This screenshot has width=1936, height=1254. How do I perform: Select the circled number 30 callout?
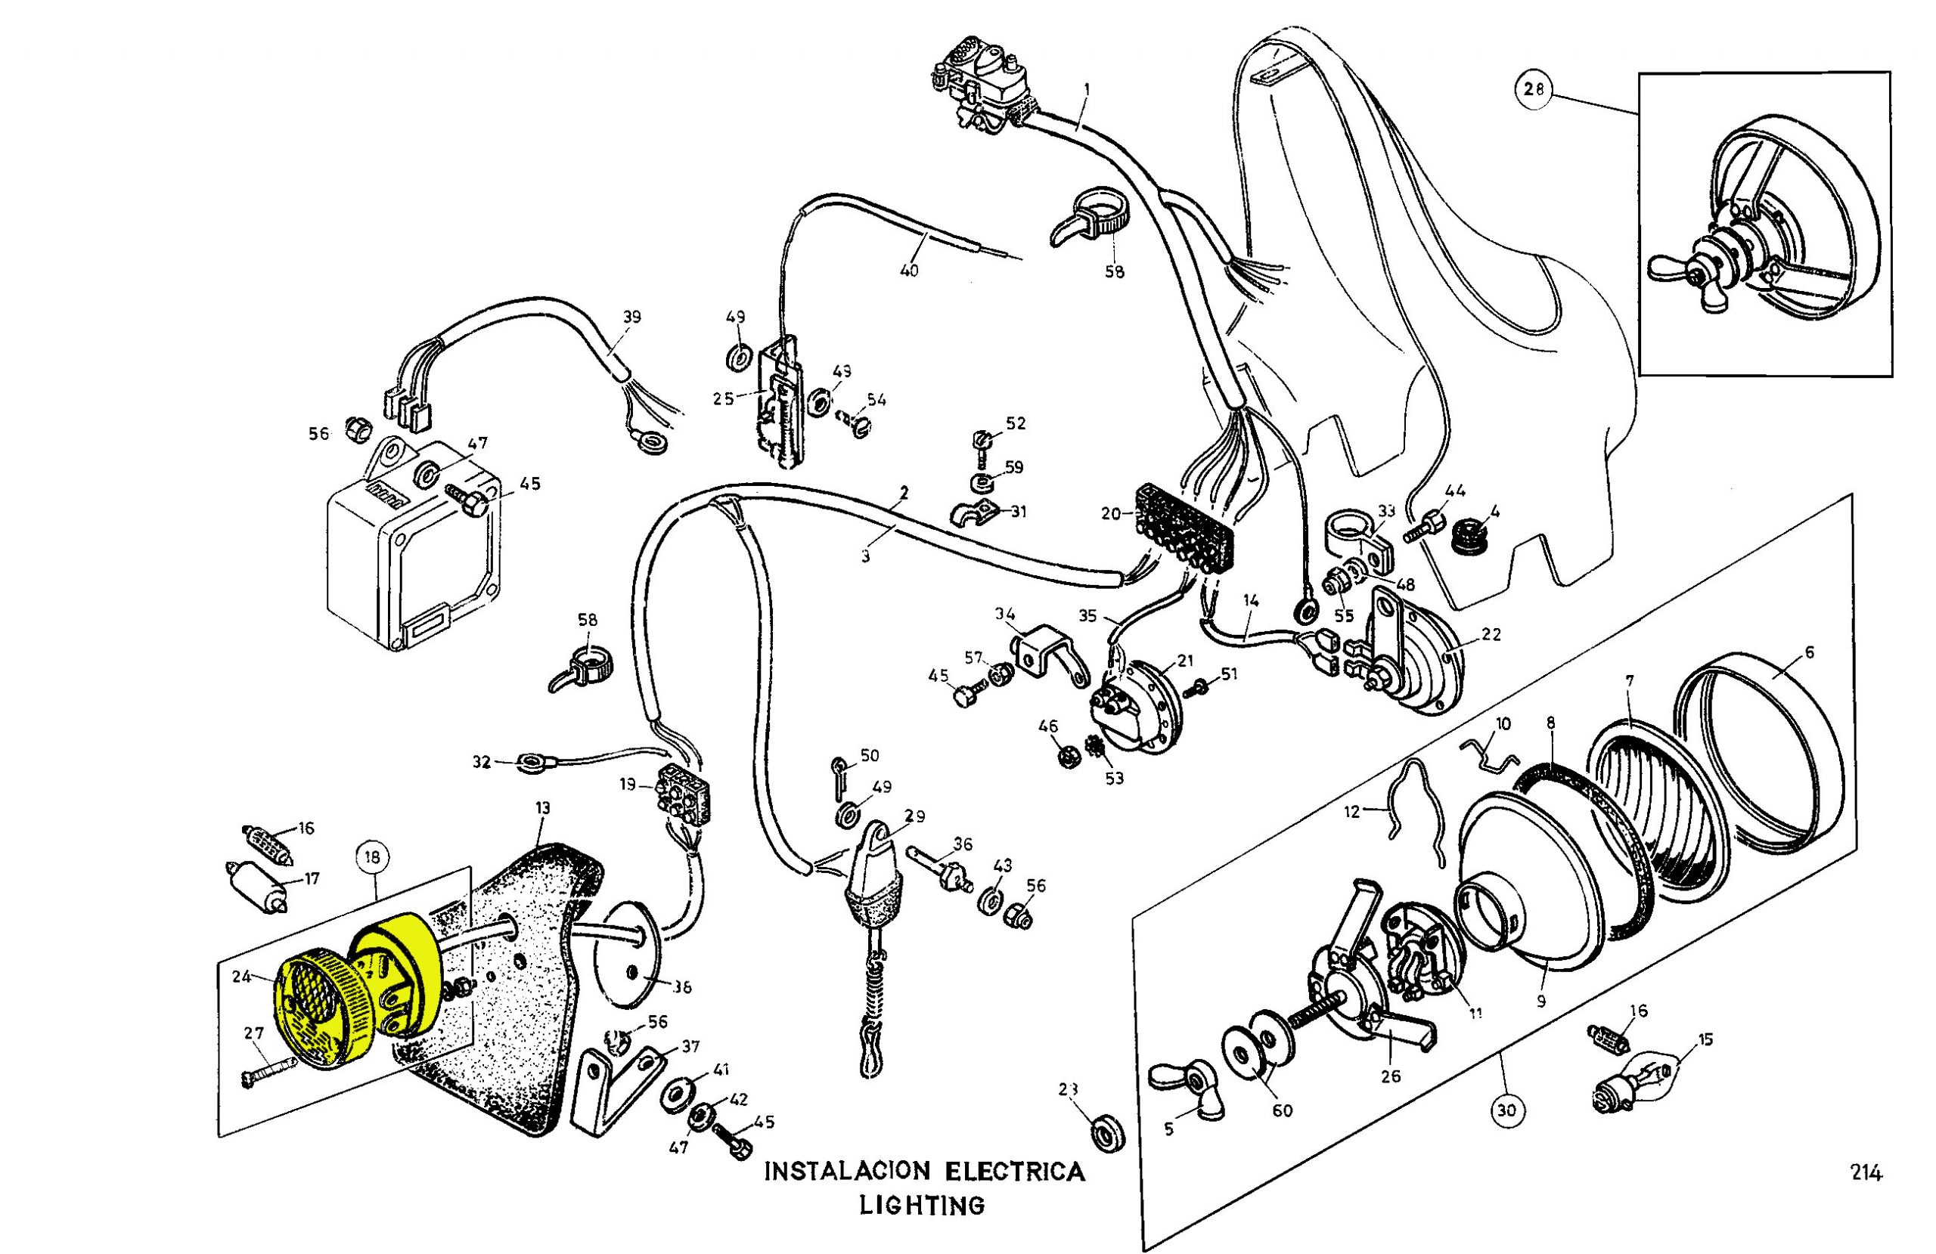(1506, 1111)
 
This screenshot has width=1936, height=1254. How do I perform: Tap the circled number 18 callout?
(373, 857)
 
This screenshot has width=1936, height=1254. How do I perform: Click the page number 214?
(1866, 1173)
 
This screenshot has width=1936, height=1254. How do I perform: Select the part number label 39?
(632, 317)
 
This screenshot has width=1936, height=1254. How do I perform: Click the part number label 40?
(908, 271)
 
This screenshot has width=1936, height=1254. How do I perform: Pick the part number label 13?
(542, 807)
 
